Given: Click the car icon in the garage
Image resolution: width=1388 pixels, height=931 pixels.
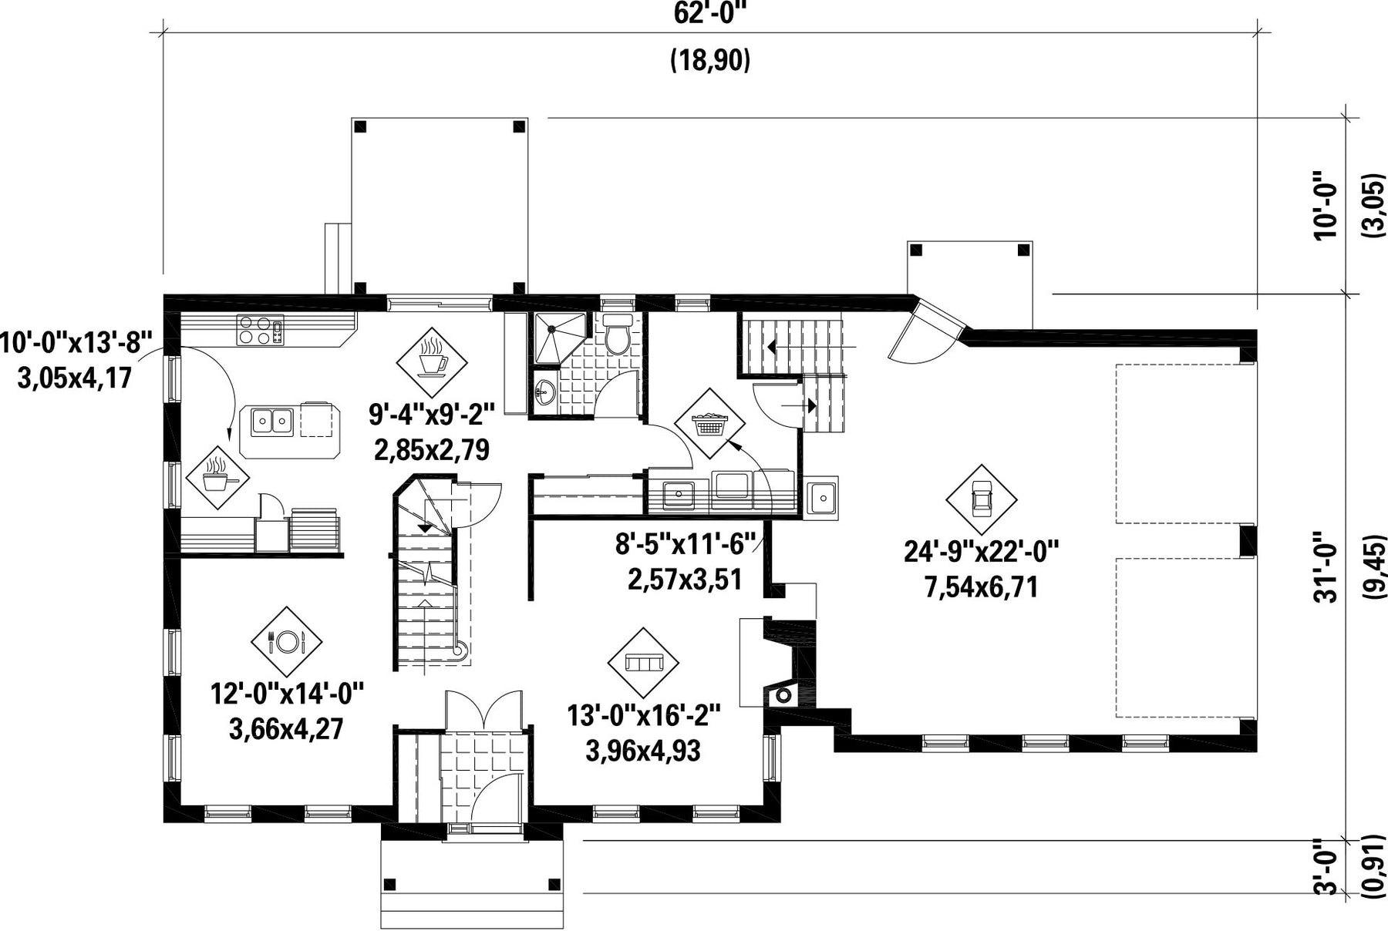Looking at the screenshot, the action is click(x=982, y=499).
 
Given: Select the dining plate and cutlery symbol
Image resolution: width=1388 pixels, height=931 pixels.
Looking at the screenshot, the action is click(x=287, y=641).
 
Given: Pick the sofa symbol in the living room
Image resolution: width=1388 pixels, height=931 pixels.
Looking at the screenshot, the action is click(x=643, y=663).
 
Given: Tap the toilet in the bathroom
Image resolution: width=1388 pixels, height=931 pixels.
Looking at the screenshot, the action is click(x=618, y=334).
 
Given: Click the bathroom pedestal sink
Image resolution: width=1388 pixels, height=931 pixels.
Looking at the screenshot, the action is click(x=544, y=393).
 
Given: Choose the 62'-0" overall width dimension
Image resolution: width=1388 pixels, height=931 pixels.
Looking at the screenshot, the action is click(x=710, y=13).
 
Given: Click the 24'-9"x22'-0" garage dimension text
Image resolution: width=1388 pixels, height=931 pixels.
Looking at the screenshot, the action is click(x=982, y=551).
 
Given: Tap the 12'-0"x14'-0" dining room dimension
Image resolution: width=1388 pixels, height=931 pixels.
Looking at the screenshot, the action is click(x=287, y=694).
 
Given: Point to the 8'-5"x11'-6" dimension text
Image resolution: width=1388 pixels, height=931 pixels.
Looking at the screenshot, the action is click(x=684, y=544).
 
